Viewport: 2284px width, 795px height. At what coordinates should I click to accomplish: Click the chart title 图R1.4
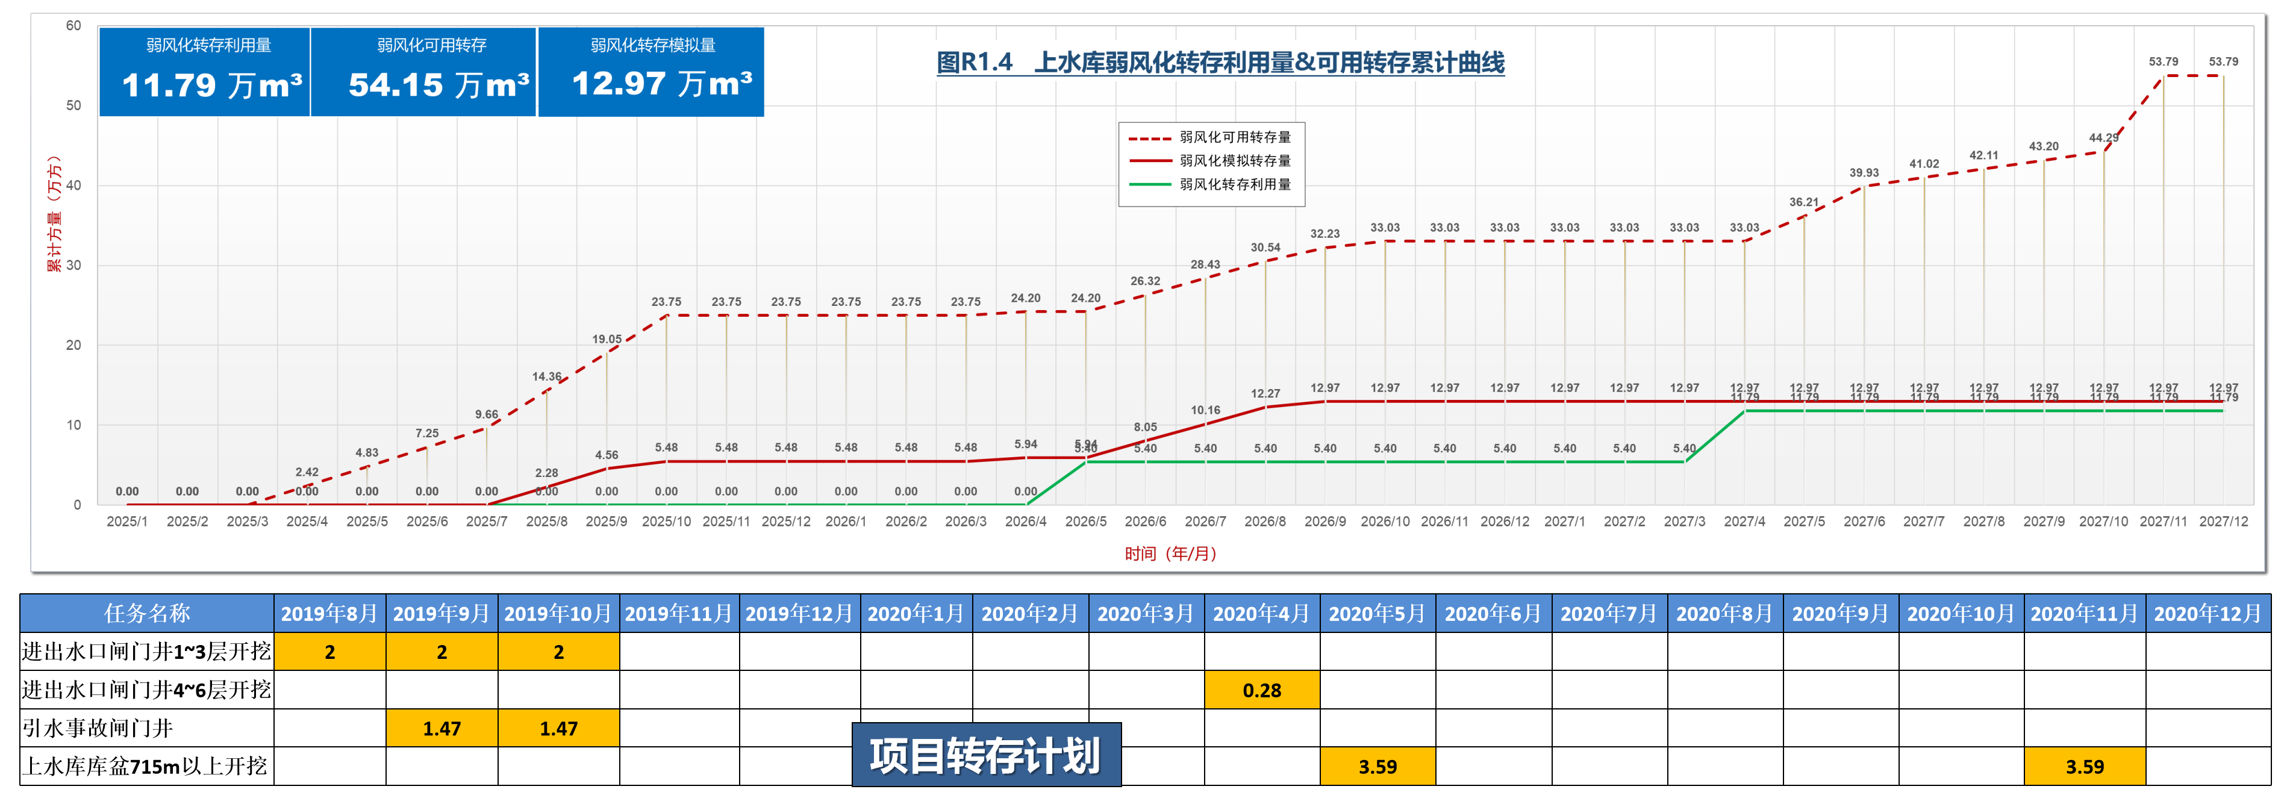pos(1220,63)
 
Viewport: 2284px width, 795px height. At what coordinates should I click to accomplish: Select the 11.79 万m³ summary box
pos(205,72)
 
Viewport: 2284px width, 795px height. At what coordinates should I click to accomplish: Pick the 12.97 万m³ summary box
pos(651,72)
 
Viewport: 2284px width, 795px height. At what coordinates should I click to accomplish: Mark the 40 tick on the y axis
pos(73,185)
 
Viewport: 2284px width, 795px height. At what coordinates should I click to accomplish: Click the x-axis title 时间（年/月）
pos(1170,554)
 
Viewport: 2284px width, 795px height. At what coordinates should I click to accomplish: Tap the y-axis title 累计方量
pos(55,213)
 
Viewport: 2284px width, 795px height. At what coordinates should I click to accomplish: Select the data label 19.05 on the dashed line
pos(607,340)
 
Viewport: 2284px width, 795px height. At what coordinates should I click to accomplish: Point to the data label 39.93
pos(1864,173)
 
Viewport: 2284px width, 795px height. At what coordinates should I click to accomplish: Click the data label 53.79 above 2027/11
pos(2162,62)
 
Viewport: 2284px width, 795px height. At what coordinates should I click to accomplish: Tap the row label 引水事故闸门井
pos(98,729)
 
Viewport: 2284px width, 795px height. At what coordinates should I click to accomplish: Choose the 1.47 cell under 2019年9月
pos(442,729)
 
